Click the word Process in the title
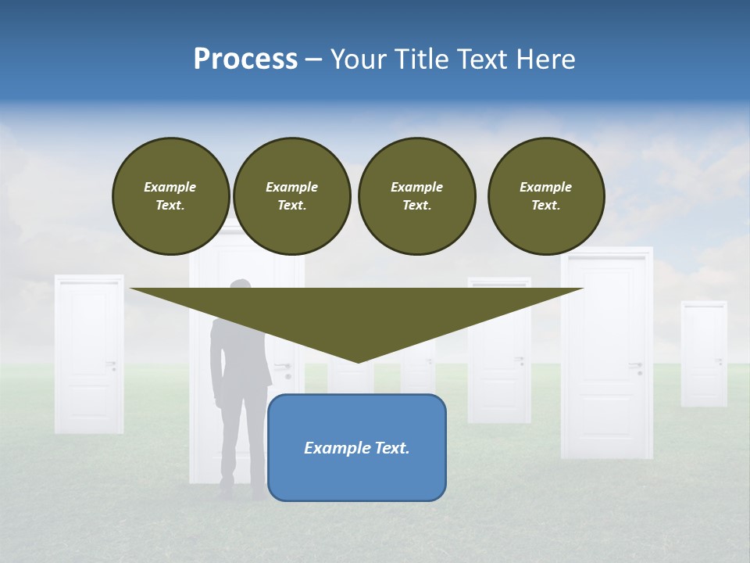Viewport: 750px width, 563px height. [x=245, y=59]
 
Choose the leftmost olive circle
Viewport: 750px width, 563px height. [x=170, y=195]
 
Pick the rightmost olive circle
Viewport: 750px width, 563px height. [x=546, y=195]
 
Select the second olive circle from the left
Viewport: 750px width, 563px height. [x=291, y=195]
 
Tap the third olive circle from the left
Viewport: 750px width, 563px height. [x=416, y=195]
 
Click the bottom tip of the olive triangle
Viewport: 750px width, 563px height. [x=358, y=360]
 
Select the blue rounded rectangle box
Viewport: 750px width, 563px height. [x=357, y=469]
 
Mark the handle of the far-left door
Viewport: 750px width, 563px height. [x=112, y=363]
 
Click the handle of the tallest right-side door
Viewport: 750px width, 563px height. [x=637, y=365]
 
